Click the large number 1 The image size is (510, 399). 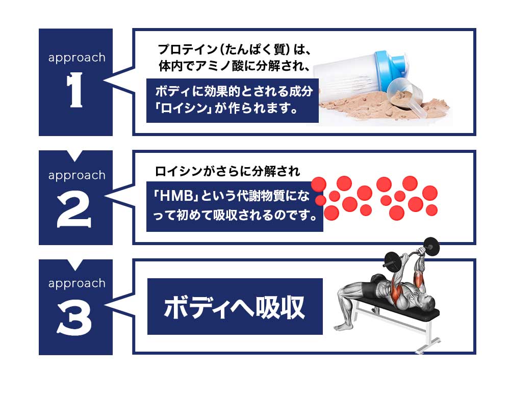pos(75,90)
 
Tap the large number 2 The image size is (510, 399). pos(74,211)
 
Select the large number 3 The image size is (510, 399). pos(74,320)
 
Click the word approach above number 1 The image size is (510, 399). pos(77,58)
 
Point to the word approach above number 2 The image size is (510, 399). pos(77,176)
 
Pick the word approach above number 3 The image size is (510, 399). pos(77,284)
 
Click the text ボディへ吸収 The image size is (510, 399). pos(235,307)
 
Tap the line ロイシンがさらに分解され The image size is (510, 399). pos(227,172)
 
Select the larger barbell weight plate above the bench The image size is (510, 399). pos(431,247)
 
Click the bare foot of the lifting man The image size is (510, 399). pos(342,326)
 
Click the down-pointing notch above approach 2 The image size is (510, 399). pos(75,155)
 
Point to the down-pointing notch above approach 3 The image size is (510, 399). pos(75,264)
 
